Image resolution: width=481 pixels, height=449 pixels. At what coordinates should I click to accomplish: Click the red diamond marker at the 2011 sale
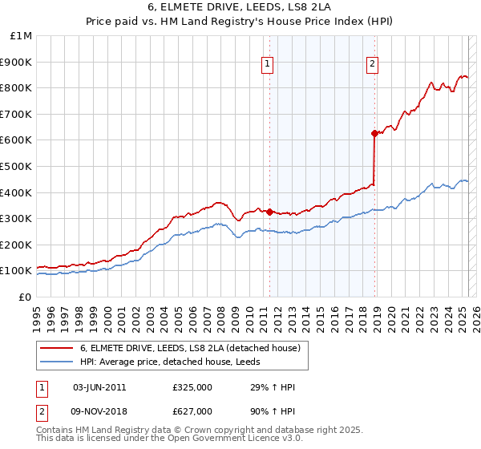tap(269, 212)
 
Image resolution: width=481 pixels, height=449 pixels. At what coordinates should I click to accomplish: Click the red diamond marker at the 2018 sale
tap(374, 133)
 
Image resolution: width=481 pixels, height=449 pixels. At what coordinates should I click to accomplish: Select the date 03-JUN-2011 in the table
tap(99, 387)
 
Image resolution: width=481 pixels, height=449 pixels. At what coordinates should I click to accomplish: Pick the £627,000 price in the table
tap(192, 412)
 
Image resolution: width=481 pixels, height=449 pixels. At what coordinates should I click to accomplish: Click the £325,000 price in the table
tap(192, 387)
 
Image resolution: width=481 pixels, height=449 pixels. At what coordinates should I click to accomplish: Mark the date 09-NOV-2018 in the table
tap(100, 412)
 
